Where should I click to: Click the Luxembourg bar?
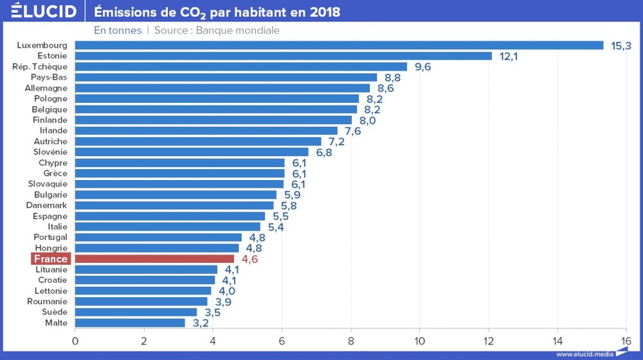(x=339, y=45)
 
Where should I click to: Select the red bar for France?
(x=154, y=258)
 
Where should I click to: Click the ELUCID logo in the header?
(x=44, y=12)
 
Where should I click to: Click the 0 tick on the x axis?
(x=75, y=340)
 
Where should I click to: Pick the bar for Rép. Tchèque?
(x=241, y=66)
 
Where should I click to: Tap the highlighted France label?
(x=51, y=258)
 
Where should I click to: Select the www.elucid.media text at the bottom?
(x=584, y=354)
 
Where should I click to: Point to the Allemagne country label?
(x=46, y=88)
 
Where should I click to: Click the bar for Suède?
(x=136, y=312)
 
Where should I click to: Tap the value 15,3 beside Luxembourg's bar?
(x=621, y=46)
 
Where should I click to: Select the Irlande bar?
(x=206, y=130)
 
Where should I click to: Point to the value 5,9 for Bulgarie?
(x=292, y=195)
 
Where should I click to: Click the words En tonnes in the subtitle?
(x=118, y=30)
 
